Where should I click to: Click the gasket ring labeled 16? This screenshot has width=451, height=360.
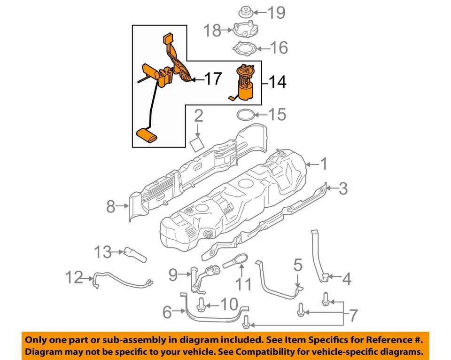[x=246, y=48]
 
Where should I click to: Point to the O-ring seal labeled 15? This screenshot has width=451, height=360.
[x=246, y=115]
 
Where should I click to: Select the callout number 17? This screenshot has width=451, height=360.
[x=212, y=79]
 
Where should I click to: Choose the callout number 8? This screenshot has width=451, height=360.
[x=110, y=206]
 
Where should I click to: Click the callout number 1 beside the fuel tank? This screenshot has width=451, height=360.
[x=324, y=164]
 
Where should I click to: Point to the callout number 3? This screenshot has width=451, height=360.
[x=343, y=189]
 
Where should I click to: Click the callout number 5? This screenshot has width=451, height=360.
[x=298, y=266]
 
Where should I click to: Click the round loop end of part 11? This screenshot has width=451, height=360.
[x=241, y=258]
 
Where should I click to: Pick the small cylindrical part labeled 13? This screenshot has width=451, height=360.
[x=135, y=254]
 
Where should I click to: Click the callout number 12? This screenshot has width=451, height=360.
[x=74, y=278]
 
